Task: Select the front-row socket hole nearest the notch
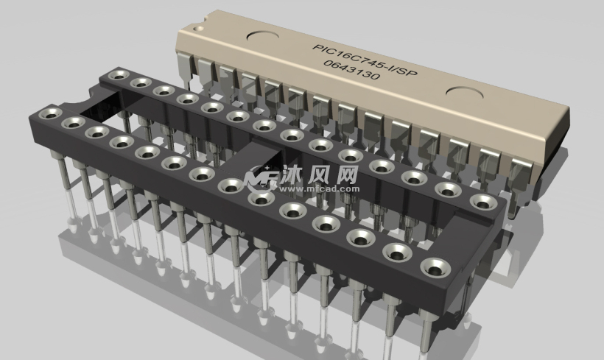[51, 113]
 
